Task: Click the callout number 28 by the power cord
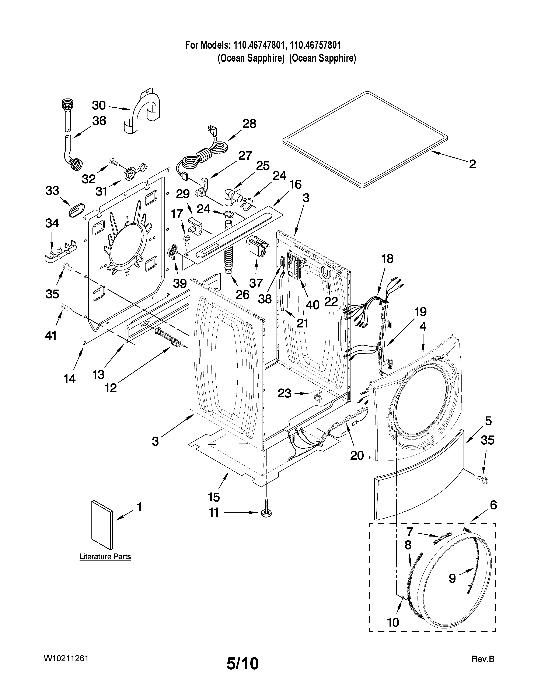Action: point(249,124)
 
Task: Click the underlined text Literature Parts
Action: point(105,557)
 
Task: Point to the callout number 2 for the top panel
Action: point(472,165)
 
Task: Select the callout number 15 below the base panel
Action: point(214,497)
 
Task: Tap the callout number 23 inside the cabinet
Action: point(284,393)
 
